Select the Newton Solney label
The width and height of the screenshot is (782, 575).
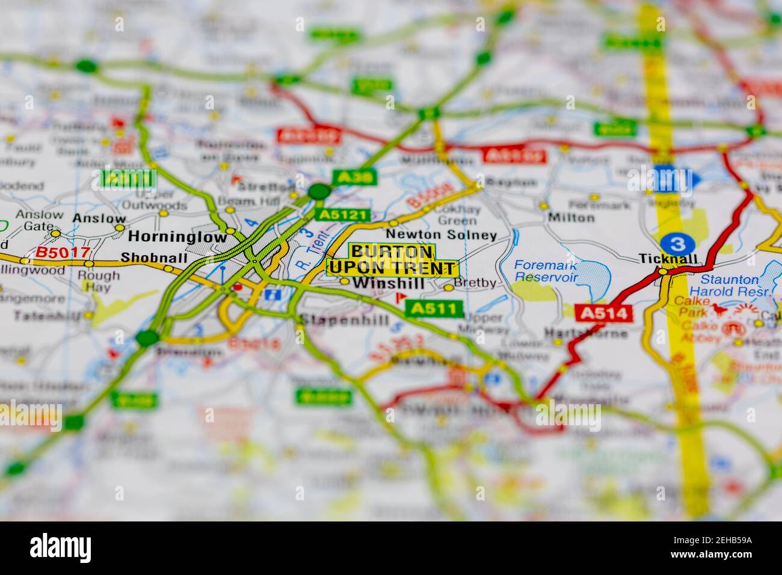point(442,235)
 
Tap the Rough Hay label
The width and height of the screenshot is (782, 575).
point(99,281)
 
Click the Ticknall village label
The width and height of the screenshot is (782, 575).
point(668,259)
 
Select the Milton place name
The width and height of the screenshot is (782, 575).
point(571,217)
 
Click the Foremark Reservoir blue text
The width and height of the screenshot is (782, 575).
point(546,271)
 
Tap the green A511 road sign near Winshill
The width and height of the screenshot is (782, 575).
point(434,309)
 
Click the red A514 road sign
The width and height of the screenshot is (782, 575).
point(604,313)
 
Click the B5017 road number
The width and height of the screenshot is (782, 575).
point(54,253)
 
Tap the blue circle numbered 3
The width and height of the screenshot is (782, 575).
point(677,244)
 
